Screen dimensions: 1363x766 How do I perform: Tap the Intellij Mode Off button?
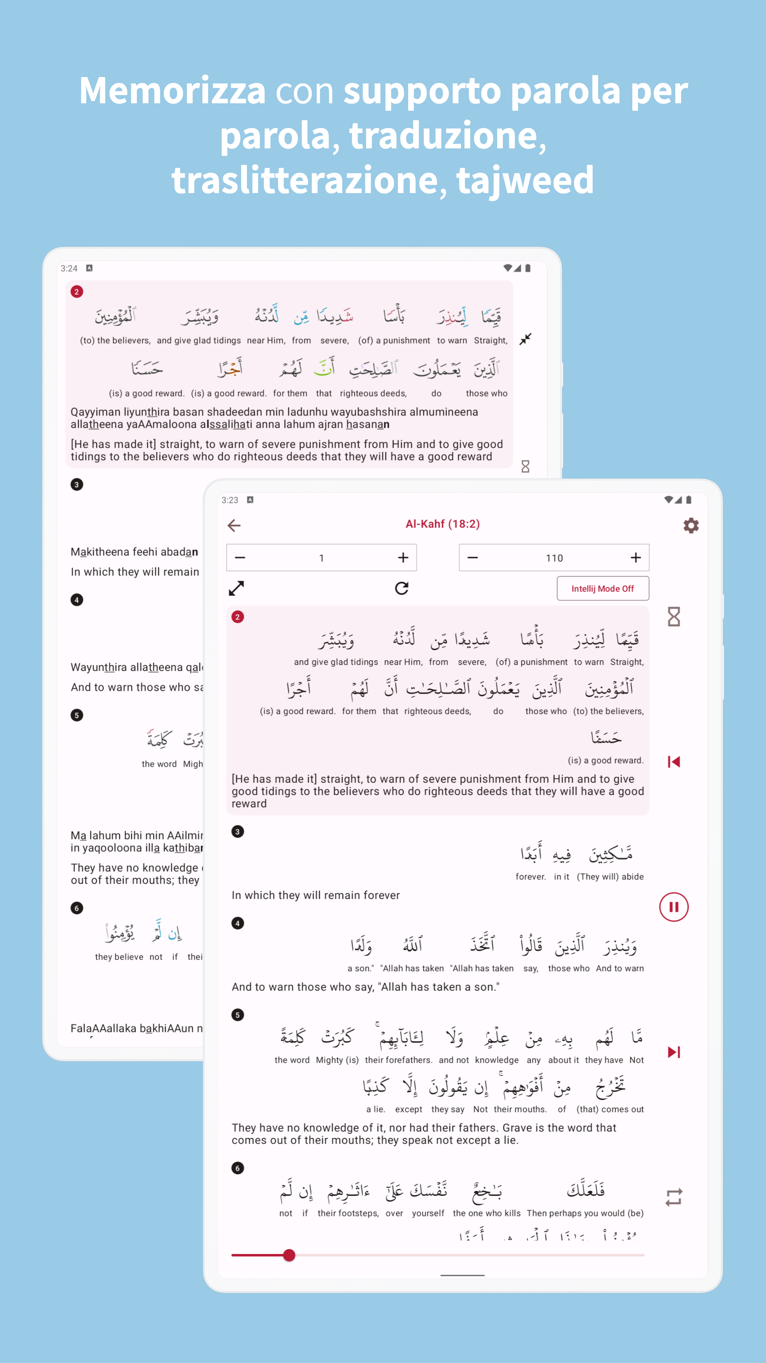[603, 589]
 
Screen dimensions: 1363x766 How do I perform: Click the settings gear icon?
[690, 525]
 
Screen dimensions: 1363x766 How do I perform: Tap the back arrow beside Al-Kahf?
[234, 525]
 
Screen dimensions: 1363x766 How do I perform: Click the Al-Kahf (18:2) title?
[443, 524]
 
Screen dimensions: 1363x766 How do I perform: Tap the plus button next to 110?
[635, 558]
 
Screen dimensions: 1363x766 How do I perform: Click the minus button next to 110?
[473, 558]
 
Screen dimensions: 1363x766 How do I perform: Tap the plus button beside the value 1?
[403, 558]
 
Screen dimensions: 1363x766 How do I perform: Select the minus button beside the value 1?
[240, 558]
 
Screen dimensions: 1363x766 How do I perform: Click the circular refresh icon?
[402, 589]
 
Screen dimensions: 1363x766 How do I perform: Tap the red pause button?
[673, 907]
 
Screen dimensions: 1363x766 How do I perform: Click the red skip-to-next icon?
[673, 1052]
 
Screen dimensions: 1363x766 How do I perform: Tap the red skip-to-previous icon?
[673, 761]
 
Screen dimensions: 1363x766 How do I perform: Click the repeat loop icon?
[673, 1197]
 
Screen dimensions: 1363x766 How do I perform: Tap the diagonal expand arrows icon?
[236, 589]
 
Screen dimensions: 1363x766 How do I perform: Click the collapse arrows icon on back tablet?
[525, 339]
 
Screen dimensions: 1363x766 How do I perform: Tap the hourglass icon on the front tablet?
[673, 617]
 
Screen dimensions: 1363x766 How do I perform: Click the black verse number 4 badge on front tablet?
[237, 923]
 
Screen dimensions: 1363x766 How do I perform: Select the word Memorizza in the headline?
[172, 91]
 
